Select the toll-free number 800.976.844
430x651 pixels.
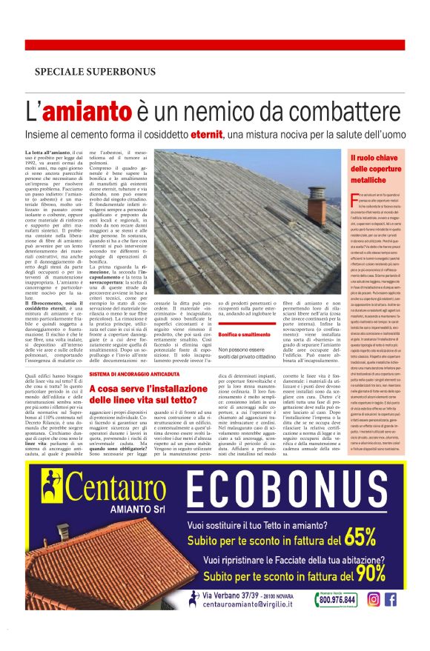(337, 601)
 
